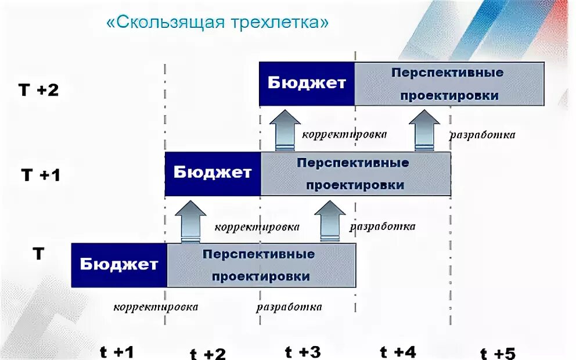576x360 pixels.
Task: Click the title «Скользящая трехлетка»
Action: [218, 23]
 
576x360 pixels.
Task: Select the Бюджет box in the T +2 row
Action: [307, 84]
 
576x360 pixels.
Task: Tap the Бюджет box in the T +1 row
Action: [213, 173]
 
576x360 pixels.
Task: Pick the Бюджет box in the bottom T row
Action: [119, 265]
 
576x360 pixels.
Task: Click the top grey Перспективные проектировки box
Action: [449, 84]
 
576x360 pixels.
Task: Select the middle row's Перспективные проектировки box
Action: [355, 173]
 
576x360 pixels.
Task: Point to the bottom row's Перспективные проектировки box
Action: [261, 265]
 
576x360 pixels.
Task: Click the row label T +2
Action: [39, 90]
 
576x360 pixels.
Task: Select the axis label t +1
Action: [117, 352]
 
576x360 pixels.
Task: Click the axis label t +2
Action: [208, 354]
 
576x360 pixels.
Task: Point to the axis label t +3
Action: [303, 351]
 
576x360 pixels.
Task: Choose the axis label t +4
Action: [398, 352]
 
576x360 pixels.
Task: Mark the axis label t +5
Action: [498, 353]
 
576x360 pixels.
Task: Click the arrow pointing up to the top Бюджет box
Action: [285, 130]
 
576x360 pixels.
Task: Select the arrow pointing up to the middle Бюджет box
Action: [190, 221]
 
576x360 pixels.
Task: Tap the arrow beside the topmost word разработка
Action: [424, 130]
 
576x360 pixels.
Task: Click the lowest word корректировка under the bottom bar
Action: [156, 307]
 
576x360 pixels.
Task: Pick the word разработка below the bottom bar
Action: [289, 307]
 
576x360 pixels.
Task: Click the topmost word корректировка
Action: [344, 134]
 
